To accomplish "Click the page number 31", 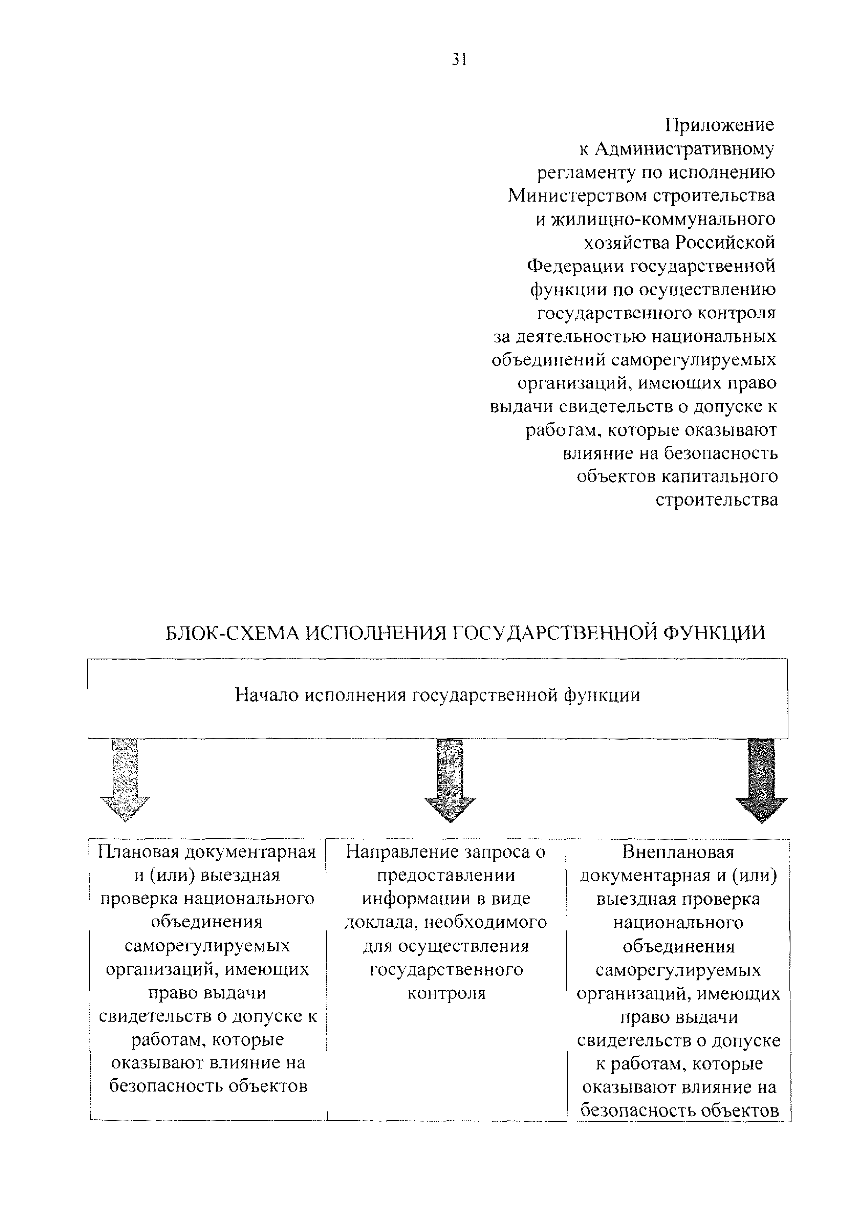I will tap(460, 59).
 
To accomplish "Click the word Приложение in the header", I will tap(719, 125).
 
